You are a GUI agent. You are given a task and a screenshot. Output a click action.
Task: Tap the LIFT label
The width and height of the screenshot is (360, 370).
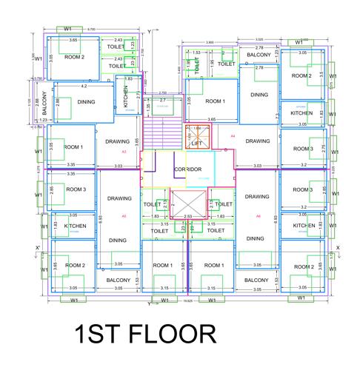(x=196, y=144)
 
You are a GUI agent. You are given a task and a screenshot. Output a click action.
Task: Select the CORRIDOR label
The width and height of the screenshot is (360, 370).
(x=188, y=169)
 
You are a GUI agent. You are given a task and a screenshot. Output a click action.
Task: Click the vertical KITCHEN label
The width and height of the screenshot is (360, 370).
(x=126, y=100)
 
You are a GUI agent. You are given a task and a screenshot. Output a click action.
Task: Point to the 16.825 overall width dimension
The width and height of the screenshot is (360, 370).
(x=188, y=302)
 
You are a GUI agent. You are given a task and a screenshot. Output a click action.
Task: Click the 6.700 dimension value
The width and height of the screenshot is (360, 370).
(x=90, y=29)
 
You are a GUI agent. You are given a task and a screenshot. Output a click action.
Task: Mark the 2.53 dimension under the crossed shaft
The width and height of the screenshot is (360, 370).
(x=188, y=216)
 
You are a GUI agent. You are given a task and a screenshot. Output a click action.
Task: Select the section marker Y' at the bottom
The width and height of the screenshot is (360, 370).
(x=149, y=303)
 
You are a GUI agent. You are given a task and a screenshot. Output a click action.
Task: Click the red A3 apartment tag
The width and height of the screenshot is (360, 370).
(x=124, y=152)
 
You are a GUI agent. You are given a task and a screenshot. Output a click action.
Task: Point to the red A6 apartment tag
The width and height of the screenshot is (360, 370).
(x=258, y=215)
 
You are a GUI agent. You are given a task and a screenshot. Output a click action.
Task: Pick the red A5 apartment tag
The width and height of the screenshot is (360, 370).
(x=124, y=215)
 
